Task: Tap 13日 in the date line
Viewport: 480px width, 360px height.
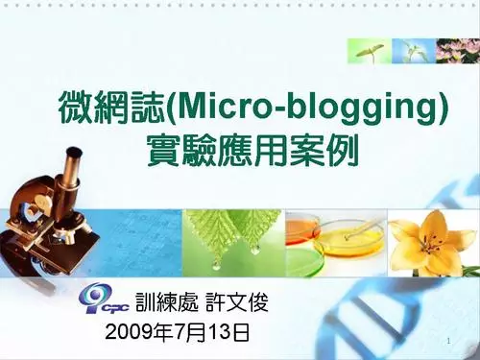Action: pos(231,334)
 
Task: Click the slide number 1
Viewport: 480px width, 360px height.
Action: pos(449,343)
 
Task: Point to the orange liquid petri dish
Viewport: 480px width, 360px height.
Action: pos(305,228)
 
